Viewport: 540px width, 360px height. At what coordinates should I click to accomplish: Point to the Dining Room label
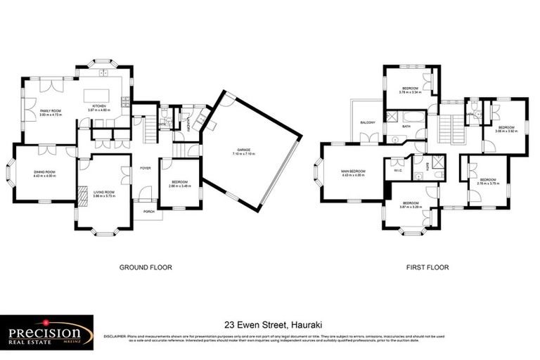coord(44,174)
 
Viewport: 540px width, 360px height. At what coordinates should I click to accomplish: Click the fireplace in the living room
coord(82,193)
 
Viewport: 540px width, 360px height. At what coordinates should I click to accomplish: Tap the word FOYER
coord(145,168)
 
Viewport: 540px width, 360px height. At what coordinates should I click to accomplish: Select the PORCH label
coord(148,211)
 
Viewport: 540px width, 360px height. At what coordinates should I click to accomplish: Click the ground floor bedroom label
coord(180,184)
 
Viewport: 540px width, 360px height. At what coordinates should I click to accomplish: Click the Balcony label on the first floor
coord(367,122)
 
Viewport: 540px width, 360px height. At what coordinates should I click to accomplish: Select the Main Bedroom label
coord(353,173)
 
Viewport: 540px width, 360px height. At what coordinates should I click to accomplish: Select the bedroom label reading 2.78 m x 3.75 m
coord(489,181)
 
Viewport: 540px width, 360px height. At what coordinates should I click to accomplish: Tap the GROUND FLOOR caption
coord(146,267)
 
